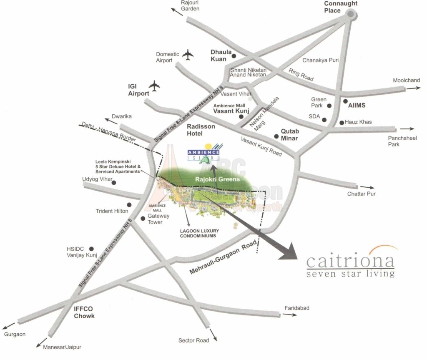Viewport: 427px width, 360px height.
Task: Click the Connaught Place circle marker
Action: click(x=351, y=15)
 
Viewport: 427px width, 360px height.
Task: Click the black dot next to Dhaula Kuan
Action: click(x=234, y=56)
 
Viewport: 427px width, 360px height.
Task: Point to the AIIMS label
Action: click(x=357, y=102)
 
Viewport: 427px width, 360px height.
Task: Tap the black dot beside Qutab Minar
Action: click(x=276, y=136)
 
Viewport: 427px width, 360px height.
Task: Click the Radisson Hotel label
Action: click(x=201, y=130)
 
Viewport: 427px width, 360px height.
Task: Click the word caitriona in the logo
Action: click(x=350, y=262)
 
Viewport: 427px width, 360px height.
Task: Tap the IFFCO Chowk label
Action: click(x=84, y=312)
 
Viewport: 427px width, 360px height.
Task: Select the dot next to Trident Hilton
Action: click(x=129, y=205)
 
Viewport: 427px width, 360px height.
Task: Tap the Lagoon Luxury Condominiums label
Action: click(x=199, y=233)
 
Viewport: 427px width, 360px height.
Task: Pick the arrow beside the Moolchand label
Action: click(x=414, y=88)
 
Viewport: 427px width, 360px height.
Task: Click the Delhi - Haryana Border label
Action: click(x=107, y=131)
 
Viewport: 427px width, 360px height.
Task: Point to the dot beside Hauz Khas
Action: click(x=342, y=123)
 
